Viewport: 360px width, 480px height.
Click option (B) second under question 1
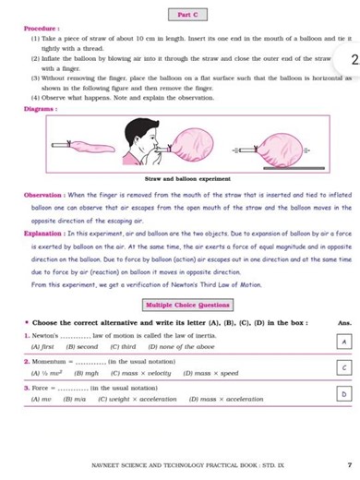coord(81,345)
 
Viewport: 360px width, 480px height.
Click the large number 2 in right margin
coord(354,61)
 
